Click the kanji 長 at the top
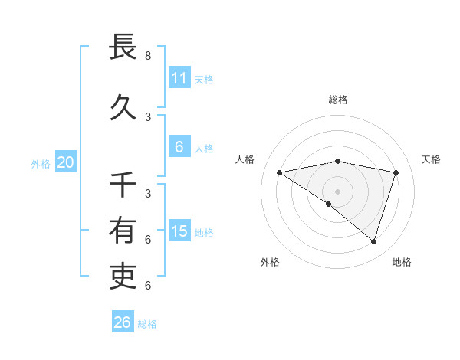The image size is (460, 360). click(123, 47)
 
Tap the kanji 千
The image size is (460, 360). click(123, 185)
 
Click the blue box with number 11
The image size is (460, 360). click(179, 78)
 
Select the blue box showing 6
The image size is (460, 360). click(179, 147)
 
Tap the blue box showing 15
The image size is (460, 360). click(179, 231)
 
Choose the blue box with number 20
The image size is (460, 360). click(65, 162)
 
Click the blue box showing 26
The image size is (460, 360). click(122, 322)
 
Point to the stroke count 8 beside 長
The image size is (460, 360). click(148, 56)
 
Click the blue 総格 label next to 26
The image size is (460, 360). click(147, 324)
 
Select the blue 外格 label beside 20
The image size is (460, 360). click(41, 164)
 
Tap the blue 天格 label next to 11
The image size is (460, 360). click(204, 80)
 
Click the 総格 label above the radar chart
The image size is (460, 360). click(338, 100)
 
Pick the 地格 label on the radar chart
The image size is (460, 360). click(402, 262)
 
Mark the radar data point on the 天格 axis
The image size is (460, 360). click(396, 172)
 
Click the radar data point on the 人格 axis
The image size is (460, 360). click(279, 172)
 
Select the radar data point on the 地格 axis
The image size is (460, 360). click(373, 241)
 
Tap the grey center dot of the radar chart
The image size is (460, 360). click(337, 191)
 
